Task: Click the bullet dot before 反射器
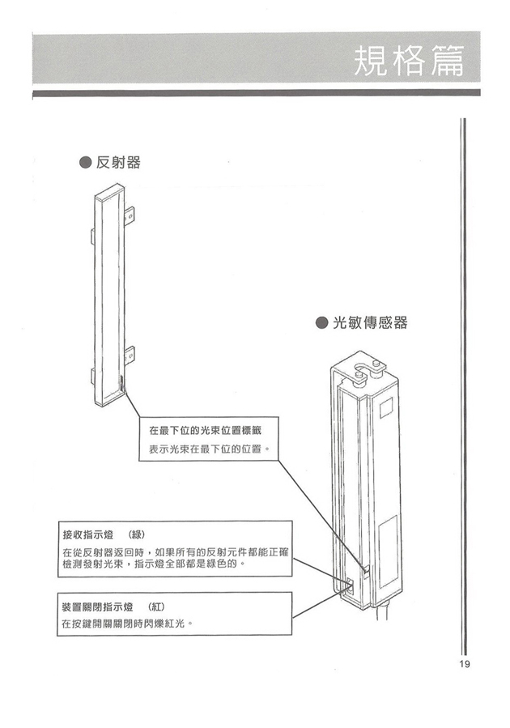[x=84, y=163]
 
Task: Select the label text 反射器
[x=118, y=163]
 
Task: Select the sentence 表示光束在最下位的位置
[x=208, y=449]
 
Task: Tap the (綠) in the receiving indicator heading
[x=135, y=534]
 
